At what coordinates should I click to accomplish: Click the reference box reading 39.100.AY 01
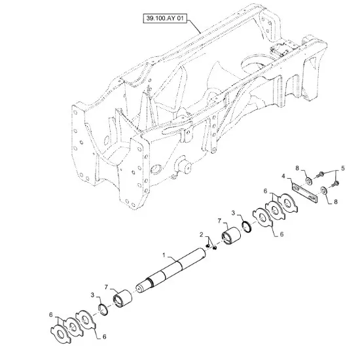click(x=165, y=18)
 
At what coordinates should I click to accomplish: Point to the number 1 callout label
click(x=164, y=255)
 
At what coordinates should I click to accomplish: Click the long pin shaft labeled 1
click(x=171, y=270)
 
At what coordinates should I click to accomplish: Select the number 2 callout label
click(x=202, y=234)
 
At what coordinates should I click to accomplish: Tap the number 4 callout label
click(x=283, y=176)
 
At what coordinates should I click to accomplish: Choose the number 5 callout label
click(x=343, y=168)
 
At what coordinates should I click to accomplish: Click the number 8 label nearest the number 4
click(x=297, y=168)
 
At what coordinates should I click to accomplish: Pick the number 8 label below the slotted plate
click(x=336, y=202)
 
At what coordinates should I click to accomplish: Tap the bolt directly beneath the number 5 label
click(x=336, y=184)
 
